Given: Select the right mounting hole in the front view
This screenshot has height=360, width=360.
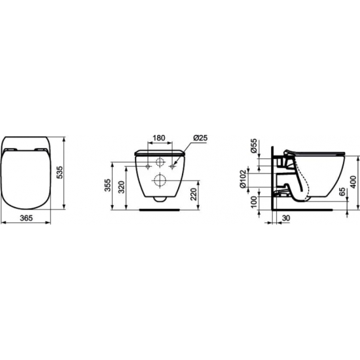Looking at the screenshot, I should (173, 166).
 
